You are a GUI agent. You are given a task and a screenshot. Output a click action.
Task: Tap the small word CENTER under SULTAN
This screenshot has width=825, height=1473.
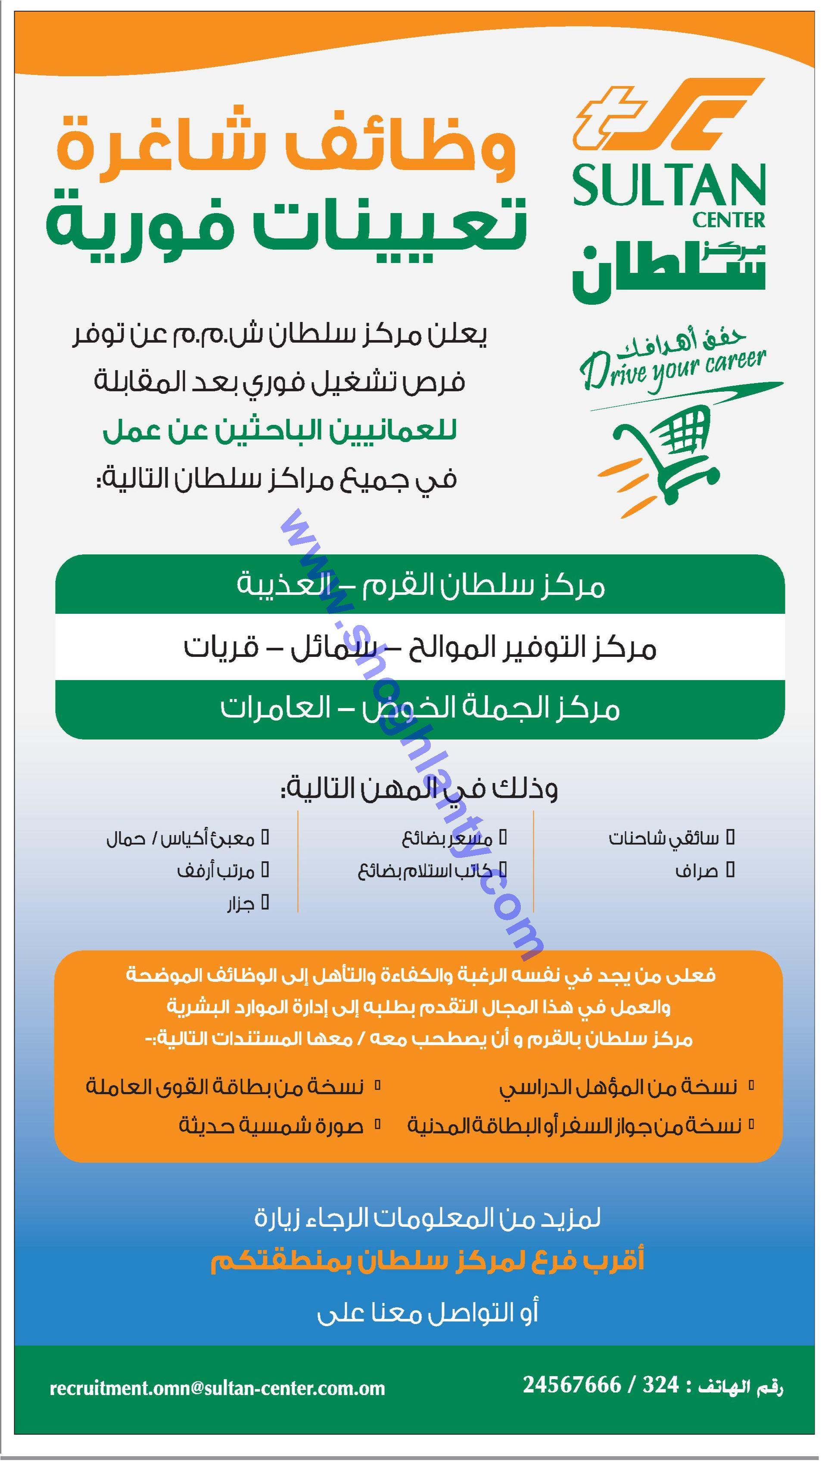click(x=728, y=220)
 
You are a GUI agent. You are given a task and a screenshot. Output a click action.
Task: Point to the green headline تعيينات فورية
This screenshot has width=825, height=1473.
click(x=286, y=224)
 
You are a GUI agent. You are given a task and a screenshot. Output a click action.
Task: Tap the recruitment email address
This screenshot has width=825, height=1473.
click(x=218, y=1388)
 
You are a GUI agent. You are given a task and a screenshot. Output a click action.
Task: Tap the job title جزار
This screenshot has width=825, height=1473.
click(x=240, y=904)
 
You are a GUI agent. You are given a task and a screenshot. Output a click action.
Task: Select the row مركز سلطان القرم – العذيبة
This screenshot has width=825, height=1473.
click(x=420, y=585)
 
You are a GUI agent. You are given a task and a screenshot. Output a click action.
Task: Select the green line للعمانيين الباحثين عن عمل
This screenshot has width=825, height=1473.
click(x=280, y=430)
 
